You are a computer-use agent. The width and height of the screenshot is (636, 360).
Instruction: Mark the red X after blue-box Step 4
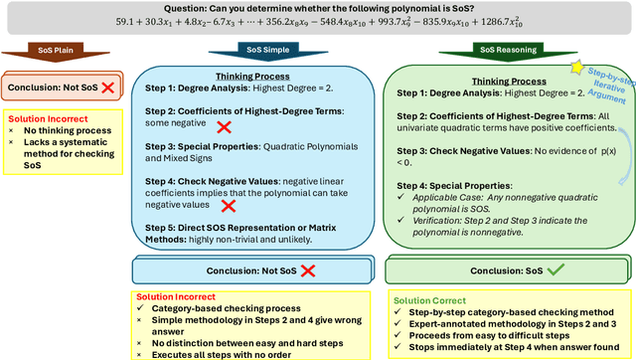(229, 206)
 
